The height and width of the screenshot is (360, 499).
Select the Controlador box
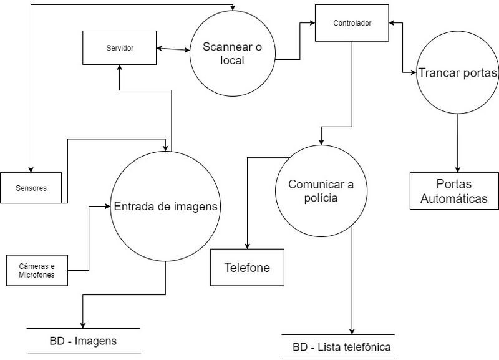pyautogui.click(x=352, y=23)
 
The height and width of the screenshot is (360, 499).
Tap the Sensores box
pyautogui.click(x=31, y=187)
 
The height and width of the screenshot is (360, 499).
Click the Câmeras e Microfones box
pyautogui.click(x=37, y=270)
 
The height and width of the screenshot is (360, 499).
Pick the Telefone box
pyautogui.click(x=247, y=268)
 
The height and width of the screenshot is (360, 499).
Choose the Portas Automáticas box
pyautogui.click(x=455, y=192)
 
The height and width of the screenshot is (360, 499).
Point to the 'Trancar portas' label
pyautogui.click(x=457, y=73)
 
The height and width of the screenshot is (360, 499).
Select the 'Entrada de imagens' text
pyautogui.click(x=165, y=207)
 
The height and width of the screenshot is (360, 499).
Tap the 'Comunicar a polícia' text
pyautogui.click(x=321, y=191)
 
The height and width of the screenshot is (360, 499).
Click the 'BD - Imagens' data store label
pyautogui.click(x=83, y=341)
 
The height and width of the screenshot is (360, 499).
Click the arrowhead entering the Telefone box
pyautogui.click(x=248, y=245)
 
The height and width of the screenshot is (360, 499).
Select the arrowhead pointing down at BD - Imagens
pyautogui.click(x=82, y=324)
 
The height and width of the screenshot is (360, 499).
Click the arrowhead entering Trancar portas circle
pyautogui.click(x=414, y=73)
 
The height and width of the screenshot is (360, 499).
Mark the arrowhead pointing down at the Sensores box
pyautogui.click(x=31, y=168)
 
